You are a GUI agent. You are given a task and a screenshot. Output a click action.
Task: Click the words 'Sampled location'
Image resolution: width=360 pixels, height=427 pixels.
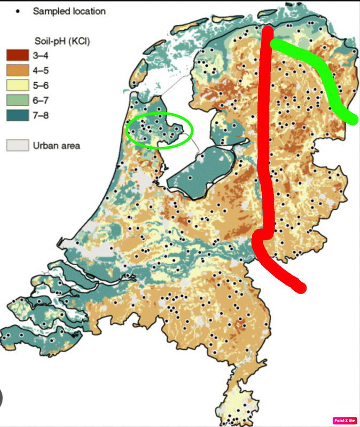pos(69,11)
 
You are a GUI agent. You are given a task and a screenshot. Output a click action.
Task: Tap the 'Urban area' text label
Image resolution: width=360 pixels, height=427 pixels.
pos(56,145)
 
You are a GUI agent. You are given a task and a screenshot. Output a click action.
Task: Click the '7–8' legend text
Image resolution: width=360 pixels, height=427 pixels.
pos(41,114)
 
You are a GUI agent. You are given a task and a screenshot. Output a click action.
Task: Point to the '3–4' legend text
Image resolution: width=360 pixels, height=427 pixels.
pos(41,54)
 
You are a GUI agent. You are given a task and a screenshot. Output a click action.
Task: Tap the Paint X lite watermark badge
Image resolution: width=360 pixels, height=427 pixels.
pos(345,420)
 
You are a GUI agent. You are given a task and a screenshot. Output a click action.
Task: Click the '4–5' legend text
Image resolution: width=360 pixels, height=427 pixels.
pos(41,69)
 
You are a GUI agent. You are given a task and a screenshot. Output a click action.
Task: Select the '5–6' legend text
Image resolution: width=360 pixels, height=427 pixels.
pos(41,84)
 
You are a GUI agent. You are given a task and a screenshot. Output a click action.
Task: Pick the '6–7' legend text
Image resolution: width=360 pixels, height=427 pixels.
pos(41,99)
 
